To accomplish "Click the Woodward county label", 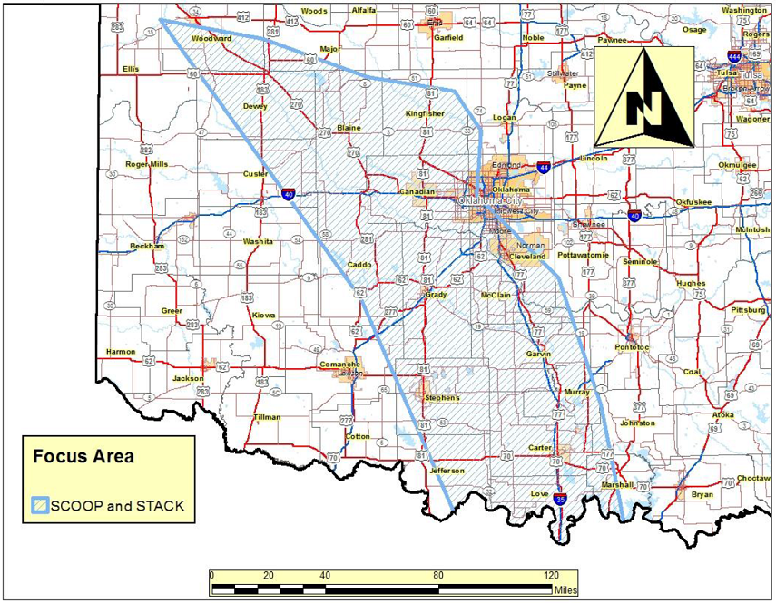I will pyautogui.click(x=211, y=39).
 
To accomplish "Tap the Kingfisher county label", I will pyautogui.click(x=425, y=113).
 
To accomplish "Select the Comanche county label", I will pyautogui.click(x=340, y=364).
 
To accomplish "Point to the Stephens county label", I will pyautogui.click(x=443, y=397).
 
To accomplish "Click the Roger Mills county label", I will pyautogui.click(x=147, y=164).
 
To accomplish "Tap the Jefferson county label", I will pyautogui.click(x=447, y=471).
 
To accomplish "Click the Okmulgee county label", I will pyautogui.click(x=737, y=165).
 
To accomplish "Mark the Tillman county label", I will pyautogui.click(x=267, y=417).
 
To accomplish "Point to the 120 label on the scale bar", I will pyautogui.click(x=551, y=575).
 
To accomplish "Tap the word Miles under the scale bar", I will pyautogui.click(x=565, y=589).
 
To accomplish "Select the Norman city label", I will pyautogui.click(x=530, y=246).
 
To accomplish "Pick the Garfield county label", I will pyautogui.click(x=448, y=38).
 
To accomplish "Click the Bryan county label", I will pyautogui.click(x=702, y=494).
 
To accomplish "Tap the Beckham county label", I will pyautogui.click(x=147, y=246).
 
